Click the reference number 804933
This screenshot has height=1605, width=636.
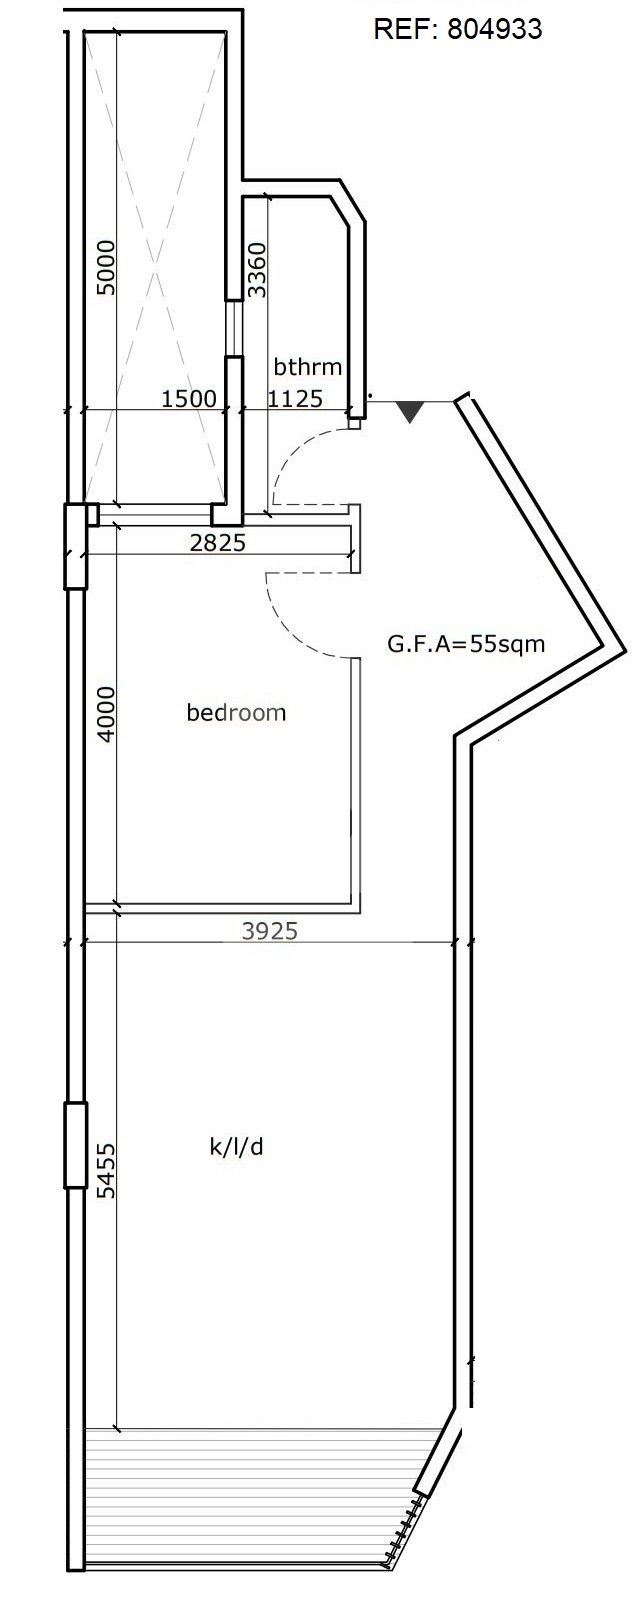pyautogui.click(x=494, y=29)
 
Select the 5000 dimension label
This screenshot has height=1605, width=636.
pyautogui.click(x=105, y=268)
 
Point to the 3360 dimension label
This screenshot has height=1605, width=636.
pyautogui.click(x=256, y=270)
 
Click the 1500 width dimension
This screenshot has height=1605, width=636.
pyautogui.click(x=188, y=398)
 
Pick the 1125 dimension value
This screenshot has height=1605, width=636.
pyautogui.click(x=295, y=398)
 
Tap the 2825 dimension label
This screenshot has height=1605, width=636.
pyautogui.click(x=218, y=542)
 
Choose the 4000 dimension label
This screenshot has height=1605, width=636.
pyautogui.click(x=105, y=714)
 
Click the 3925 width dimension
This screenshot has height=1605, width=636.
pyautogui.click(x=269, y=931)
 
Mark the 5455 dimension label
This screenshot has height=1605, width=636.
pyautogui.click(x=105, y=1170)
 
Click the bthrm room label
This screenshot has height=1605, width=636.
pyautogui.click(x=308, y=367)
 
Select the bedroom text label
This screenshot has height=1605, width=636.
pyautogui.click(x=236, y=712)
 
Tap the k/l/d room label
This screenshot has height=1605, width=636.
pyautogui.click(x=236, y=1148)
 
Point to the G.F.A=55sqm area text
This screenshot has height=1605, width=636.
pyautogui.click(x=466, y=643)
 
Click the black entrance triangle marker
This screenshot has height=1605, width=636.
pyautogui.click(x=410, y=411)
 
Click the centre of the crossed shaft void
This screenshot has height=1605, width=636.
pyautogui.click(x=155, y=268)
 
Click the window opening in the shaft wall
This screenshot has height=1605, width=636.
pyautogui.click(x=234, y=327)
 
